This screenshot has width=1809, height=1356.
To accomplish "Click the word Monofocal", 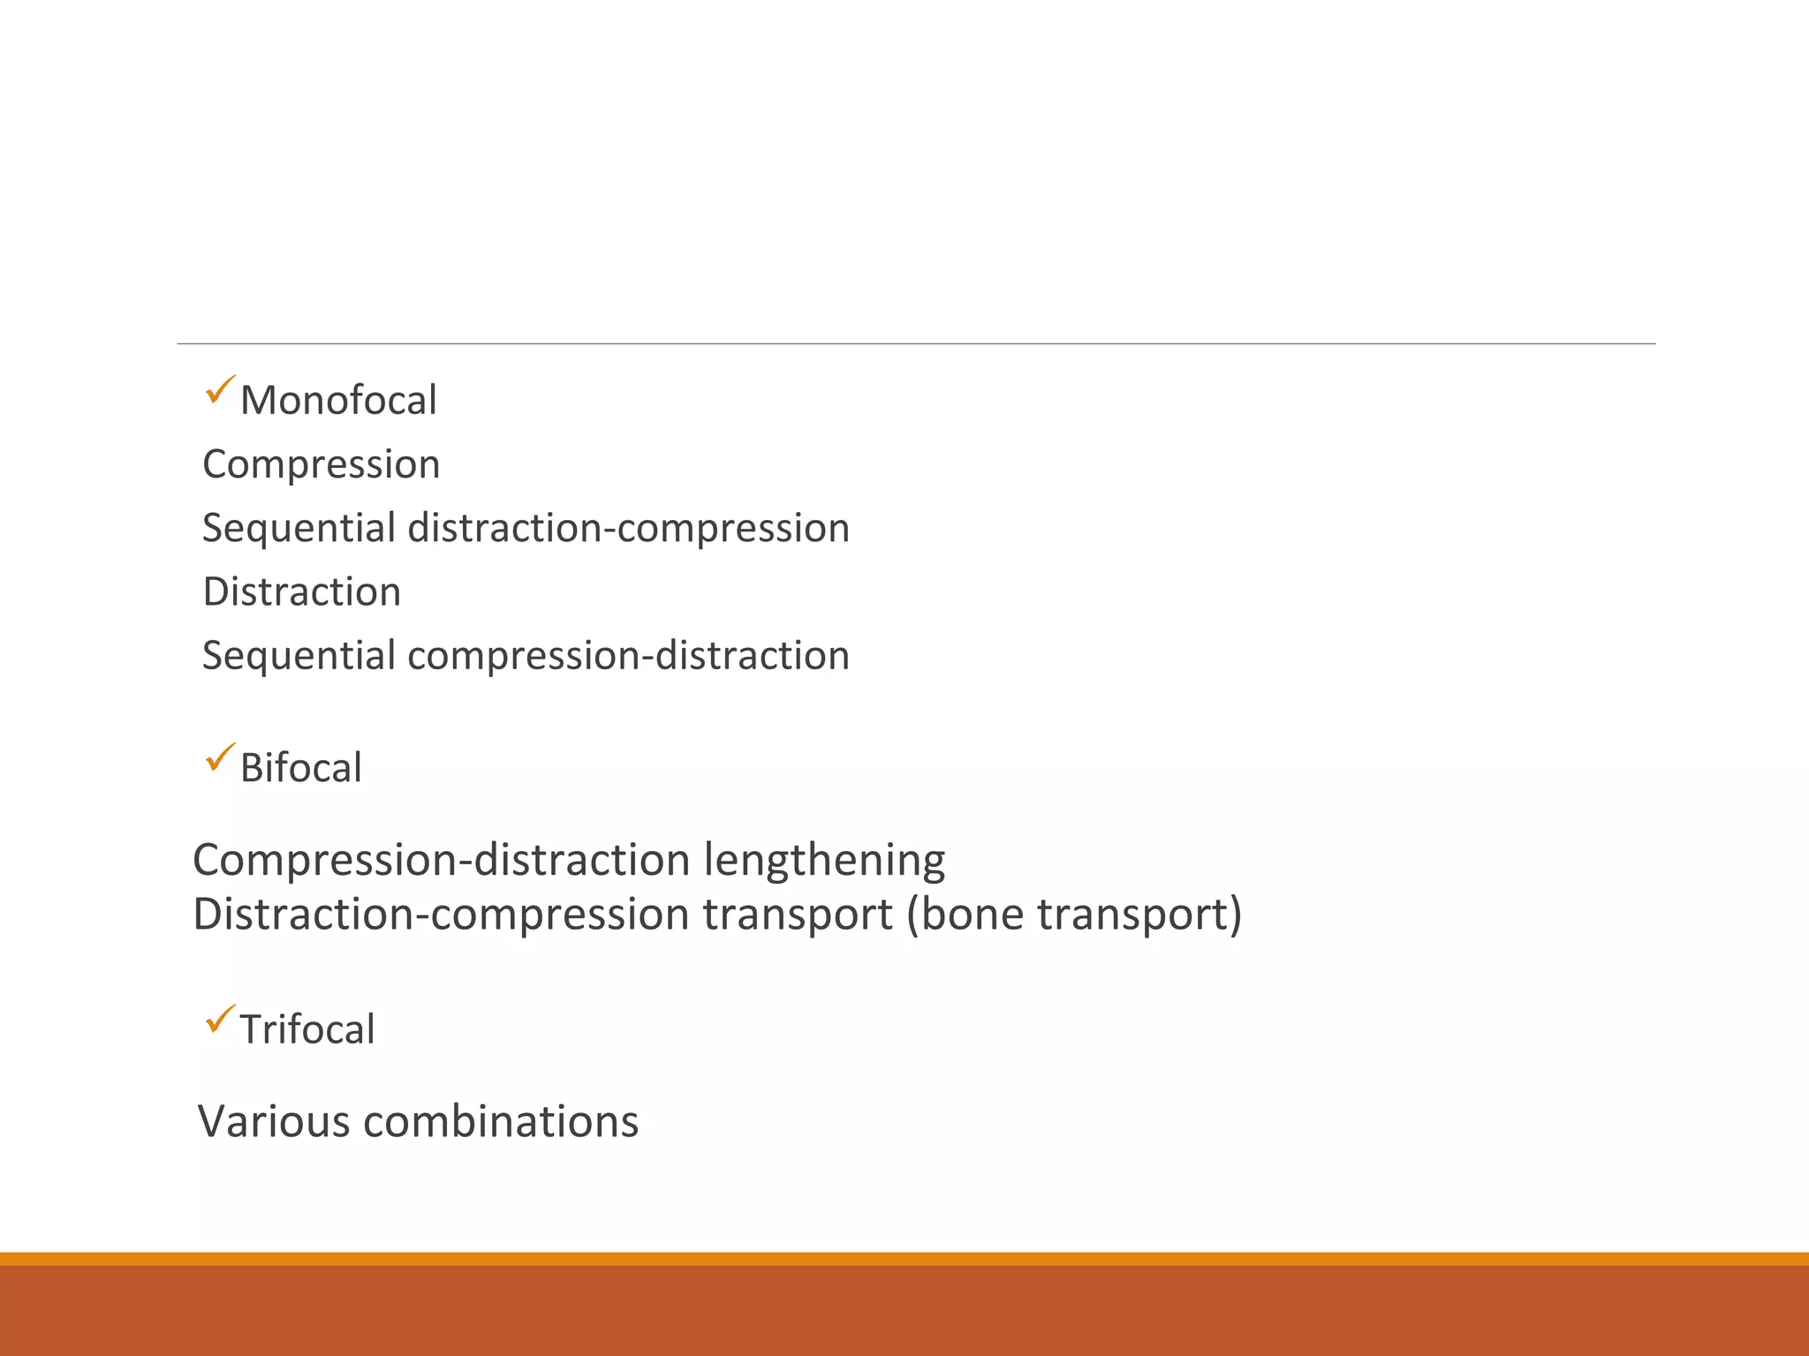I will pyautogui.click(x=338, y=401).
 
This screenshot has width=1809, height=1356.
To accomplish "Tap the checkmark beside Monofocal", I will pyautogui.click(x=219, y=389).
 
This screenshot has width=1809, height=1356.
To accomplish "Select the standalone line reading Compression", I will pyautogui.click(x=321, y=464).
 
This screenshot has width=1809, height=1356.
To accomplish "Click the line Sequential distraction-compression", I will pyautogui.click(x=526, y=528).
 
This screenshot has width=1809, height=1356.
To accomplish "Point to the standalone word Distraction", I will pyautogui.click(x=301, y=591).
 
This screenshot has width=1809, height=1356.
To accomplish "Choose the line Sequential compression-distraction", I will pyautogui.click(x=526, y=655).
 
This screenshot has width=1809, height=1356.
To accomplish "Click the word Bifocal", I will pyautogui.click(x=300, y=767).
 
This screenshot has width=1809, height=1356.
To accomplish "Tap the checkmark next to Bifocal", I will pyautogui.click(x=219, y=757).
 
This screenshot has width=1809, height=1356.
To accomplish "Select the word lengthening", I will pyautogui.click(x=824, y=860).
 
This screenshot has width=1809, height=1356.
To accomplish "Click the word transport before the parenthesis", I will pyautogui.click(x=798, y=914).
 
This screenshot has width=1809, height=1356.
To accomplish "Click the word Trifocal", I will pyautogui.click(x=307, y=1029).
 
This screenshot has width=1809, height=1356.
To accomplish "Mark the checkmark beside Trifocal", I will pyautogui.click(x=219, y=1019).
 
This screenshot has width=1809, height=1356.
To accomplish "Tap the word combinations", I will pyautogui.click(x=501, y=1121).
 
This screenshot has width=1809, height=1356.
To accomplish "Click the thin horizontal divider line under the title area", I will pyautogui.click(x=916, y=343).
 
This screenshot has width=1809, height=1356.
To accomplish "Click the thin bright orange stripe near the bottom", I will pyautogui.click(x=904, y=1258).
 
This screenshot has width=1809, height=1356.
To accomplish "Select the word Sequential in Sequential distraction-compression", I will pyautogui.click(x=299, y=528).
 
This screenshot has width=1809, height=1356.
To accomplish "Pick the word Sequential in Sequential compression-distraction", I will pyautogui.click(x=299, y=655).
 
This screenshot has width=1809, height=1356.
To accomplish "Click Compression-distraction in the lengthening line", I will pyautogui.click(x=442, y=860).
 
